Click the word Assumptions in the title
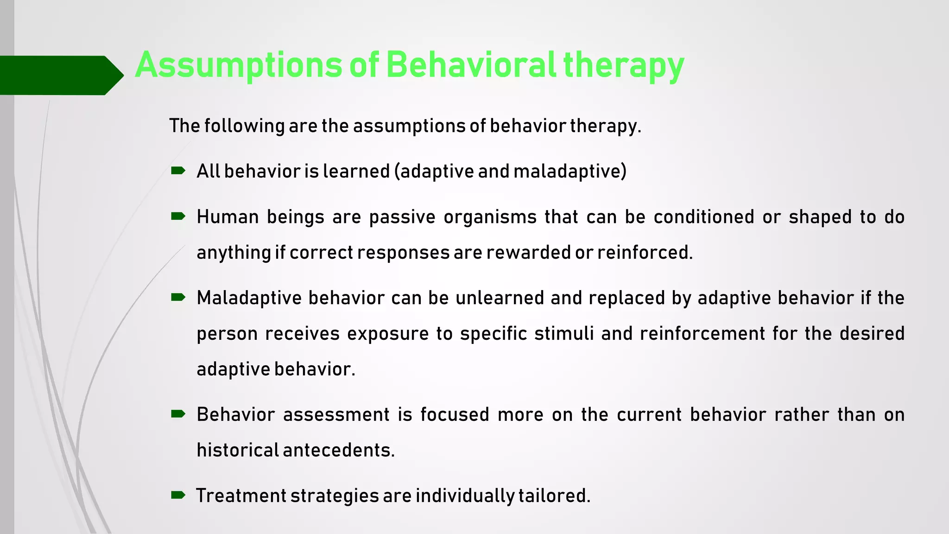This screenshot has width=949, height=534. tap(238, 65)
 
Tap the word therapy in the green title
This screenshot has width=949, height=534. tap(623, 66)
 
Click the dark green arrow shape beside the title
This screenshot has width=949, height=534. tap(60, 75)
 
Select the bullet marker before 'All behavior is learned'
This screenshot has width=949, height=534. tap(178, 171)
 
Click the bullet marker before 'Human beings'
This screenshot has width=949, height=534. tap(178, 216)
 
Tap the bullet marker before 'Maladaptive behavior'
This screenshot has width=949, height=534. tap(178, 297)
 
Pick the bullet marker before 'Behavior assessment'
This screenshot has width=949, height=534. tap(178, 414)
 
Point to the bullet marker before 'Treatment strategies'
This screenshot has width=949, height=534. tap(178, 496)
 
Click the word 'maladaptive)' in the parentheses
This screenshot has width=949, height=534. tap(570, 172)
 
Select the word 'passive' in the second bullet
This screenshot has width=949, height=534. tap(402, 217)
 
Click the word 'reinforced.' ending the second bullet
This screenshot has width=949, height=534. tap(645, 253)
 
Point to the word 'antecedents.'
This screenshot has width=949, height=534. tap(338, 451)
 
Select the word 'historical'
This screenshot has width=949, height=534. tap(237, 451)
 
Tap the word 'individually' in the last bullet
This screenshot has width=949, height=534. tap(465, 496)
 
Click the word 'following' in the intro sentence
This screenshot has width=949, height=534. tap(244, 126)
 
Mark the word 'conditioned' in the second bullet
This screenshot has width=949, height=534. tap(704, 217)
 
